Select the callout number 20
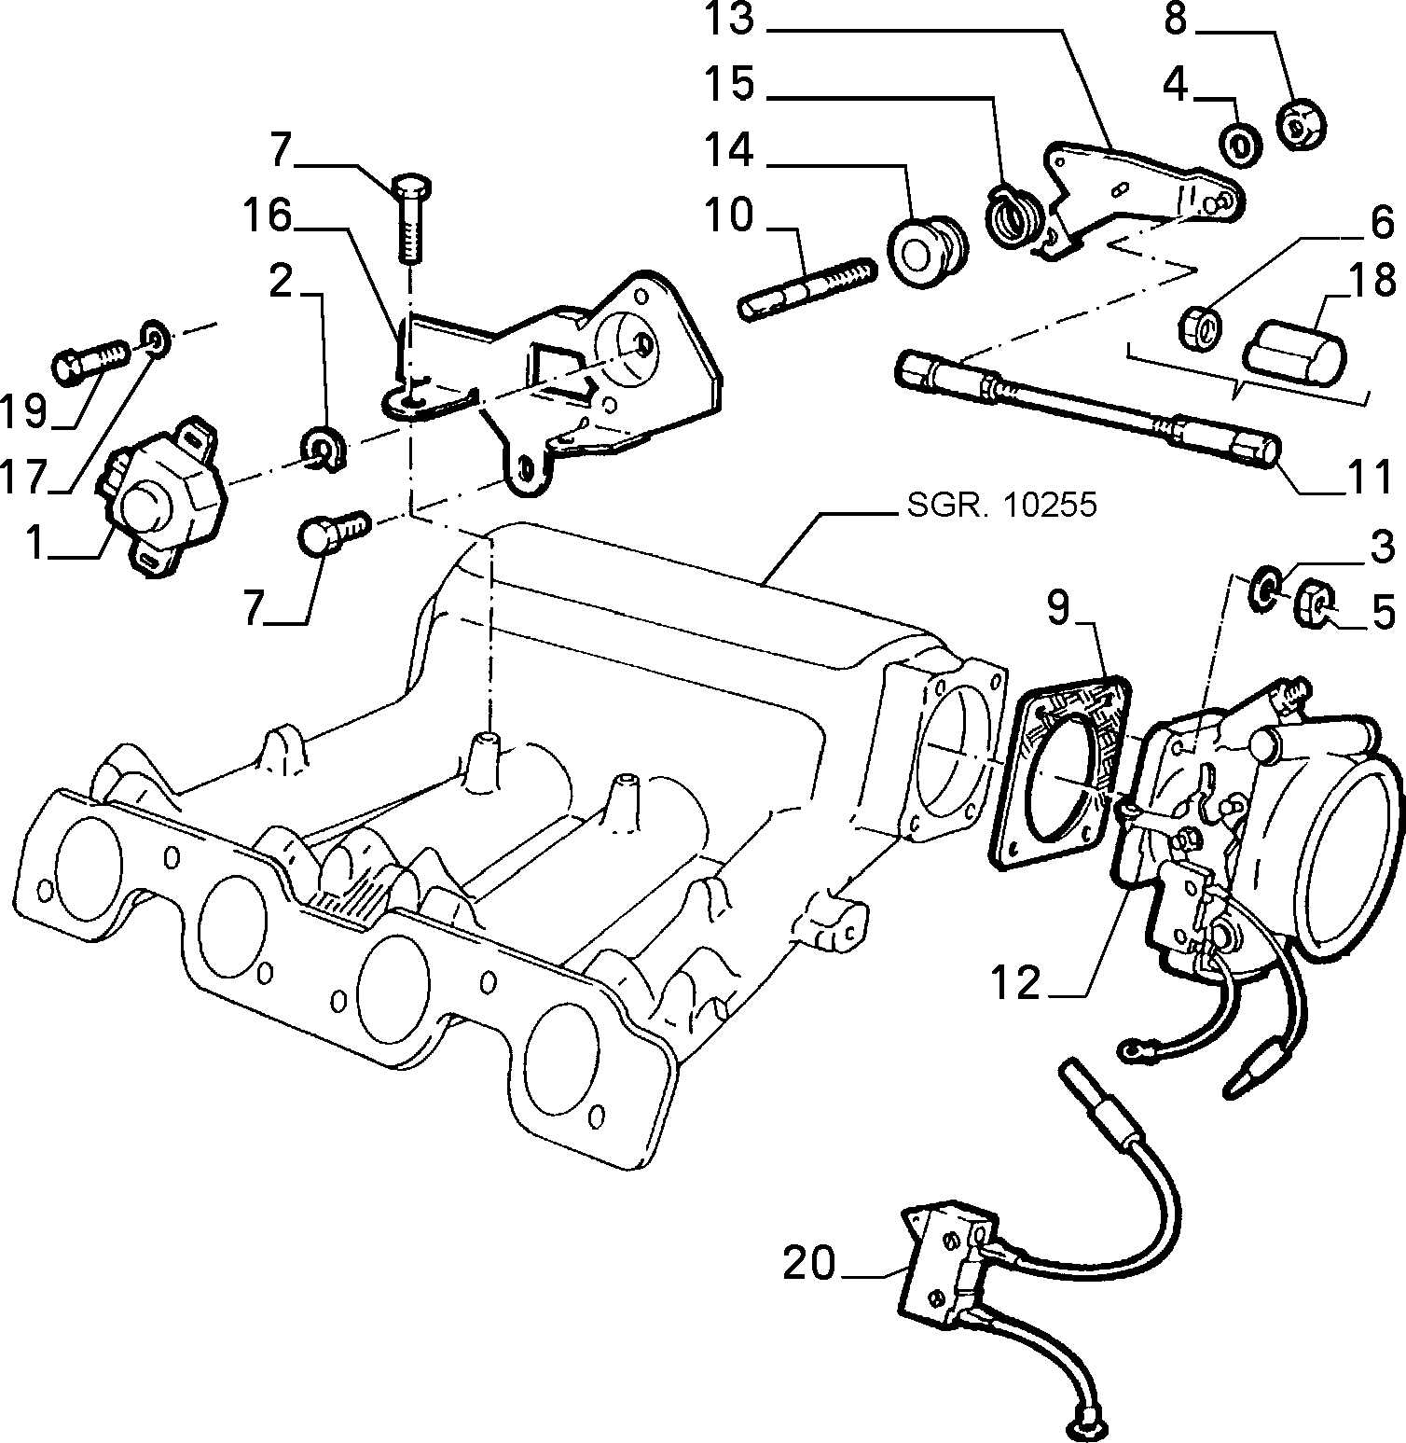coord(810,1264)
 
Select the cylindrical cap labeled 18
coord(1294,350)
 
